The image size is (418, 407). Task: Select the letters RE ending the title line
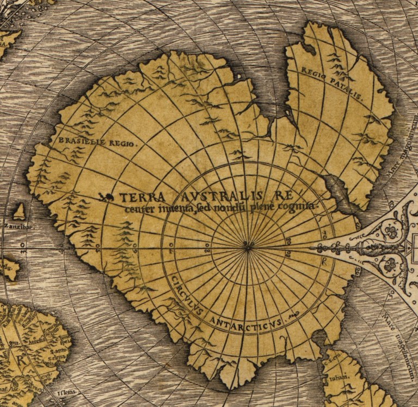(284, 195)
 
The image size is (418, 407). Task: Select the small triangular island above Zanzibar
(20, 211)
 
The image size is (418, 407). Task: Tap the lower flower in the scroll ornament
(390, 265)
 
